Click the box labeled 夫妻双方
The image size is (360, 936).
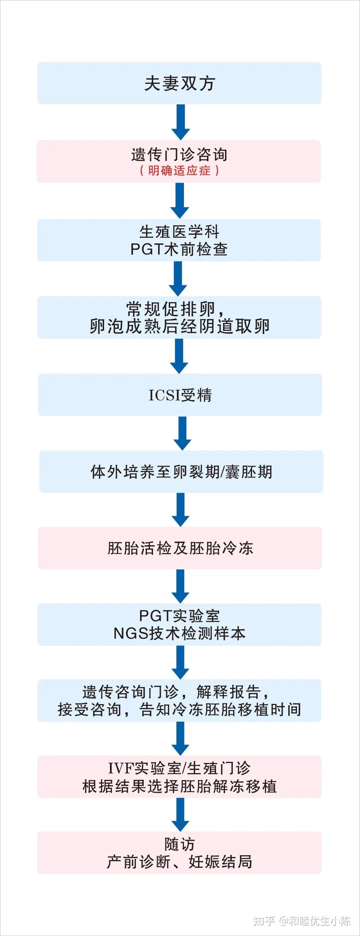click(179, 83)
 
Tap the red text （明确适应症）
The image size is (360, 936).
click(179, 170)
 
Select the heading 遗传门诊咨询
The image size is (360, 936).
click(179, 155)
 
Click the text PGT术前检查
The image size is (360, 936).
click(179, 249)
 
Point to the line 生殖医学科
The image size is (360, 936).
click(179, 232)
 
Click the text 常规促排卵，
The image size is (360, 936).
click(176, 309)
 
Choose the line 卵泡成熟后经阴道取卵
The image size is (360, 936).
click(179, 326)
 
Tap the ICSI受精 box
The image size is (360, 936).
click(180, 395)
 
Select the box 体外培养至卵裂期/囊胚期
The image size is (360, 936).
click(181, 472)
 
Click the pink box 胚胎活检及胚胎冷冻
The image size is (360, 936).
click(180, 548)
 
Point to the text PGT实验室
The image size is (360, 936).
click(179, 616)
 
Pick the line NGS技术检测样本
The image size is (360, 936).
click(179, 633)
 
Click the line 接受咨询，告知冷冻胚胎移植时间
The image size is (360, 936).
click(179, 709)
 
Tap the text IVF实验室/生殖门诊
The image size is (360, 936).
click(179, 769)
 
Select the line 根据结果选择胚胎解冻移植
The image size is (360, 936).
click(179, 786)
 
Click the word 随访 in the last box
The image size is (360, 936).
click(179, 844)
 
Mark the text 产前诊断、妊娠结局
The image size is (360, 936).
click(179, 862)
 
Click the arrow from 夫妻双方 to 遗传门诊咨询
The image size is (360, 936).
click(181, 122)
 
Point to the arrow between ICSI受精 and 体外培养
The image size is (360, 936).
click(182, 433)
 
